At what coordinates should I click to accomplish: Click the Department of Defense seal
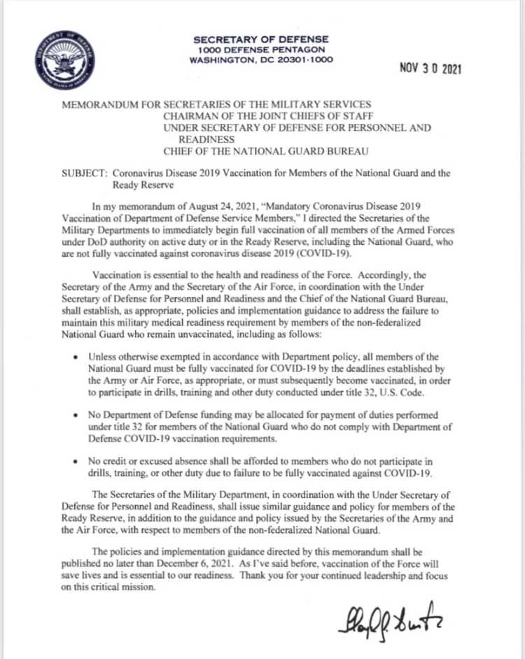(x=68, y=59)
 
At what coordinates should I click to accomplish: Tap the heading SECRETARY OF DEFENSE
(x=261, y=39)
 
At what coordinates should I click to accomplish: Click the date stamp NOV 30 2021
(x=430, y=69)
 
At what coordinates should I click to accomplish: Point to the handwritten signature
(x=389, y=620)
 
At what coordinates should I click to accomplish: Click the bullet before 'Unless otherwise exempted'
(x=76, y=358)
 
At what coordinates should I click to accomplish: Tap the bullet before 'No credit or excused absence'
(x=76, y=462)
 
